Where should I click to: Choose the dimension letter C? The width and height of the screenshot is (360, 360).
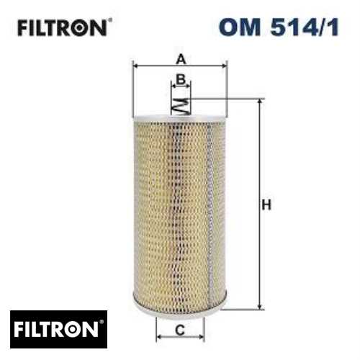tap(180, 331)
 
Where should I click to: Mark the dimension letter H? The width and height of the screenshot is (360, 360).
tap(265, 206)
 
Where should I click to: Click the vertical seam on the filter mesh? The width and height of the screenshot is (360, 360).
tap(208, 209)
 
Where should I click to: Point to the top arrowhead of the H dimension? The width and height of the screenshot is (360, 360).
tap(258, 102)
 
